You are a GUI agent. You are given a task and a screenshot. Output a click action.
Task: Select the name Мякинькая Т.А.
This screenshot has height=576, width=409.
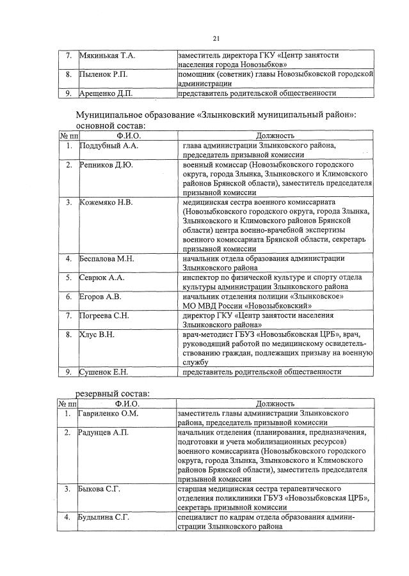(x=106, y=56)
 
